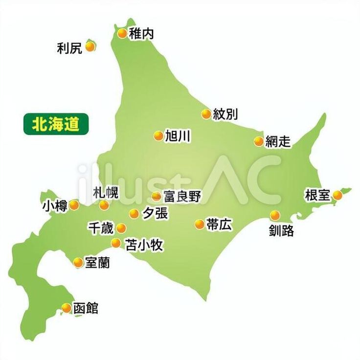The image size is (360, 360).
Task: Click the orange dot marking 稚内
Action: pyautogui.click(x=122, y=33)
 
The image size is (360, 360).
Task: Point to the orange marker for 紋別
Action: pyautogui.click(x=206, y=114)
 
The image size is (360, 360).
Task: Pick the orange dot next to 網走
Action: pyautogui.click(x=259, y=141)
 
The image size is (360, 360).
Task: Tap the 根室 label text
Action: pyautogui.click(x=317, y=195)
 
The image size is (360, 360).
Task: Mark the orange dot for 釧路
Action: pyautogui.click(x=275, y=215)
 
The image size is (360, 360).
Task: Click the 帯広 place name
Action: pyautogui.click(x=219, y=225)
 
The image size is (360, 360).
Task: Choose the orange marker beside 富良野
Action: pyautogui.click(x=156, y=197)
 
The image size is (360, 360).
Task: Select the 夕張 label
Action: pyautogui.click(x=155, y=213)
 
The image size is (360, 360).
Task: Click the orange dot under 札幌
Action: pyautogui.click(x=104, y=205)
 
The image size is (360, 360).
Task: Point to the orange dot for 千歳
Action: pyautogui.click(x=120, y=227)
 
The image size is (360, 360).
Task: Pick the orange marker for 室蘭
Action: pyautogui.click(x=78, y=262)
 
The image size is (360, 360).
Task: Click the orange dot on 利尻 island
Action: pyautogui.click(x=90, y=46)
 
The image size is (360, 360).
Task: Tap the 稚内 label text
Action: pyautogui.click(x=142, y=33)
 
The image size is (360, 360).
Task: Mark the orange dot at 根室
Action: pyautogui.click(x=337, y=195)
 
